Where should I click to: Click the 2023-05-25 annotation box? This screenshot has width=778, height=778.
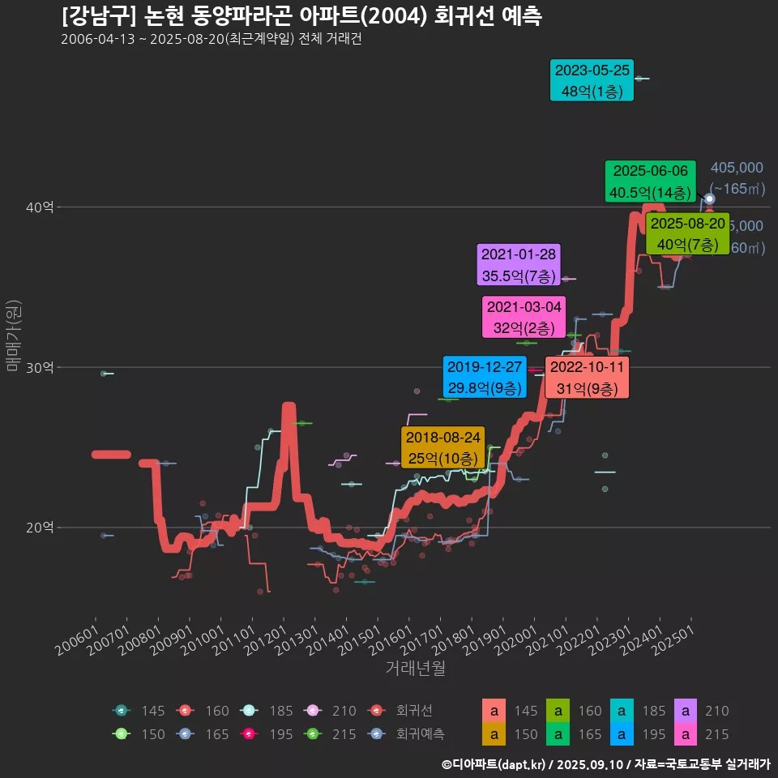591,80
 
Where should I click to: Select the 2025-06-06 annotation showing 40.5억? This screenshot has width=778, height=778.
650,182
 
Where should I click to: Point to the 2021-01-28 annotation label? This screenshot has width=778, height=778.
519,265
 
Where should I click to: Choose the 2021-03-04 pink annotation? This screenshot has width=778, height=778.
524,318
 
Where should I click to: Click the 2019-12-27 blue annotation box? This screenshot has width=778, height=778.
485,378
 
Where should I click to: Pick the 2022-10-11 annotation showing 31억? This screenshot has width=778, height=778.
587,378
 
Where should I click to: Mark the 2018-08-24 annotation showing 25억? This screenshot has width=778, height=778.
442,447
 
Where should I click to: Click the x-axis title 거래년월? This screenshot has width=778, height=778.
415,669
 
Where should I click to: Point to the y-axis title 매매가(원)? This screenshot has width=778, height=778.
13,336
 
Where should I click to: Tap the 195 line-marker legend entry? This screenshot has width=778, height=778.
267,734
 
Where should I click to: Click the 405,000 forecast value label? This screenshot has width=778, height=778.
737,168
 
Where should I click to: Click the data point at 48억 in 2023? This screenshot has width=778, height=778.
639,79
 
